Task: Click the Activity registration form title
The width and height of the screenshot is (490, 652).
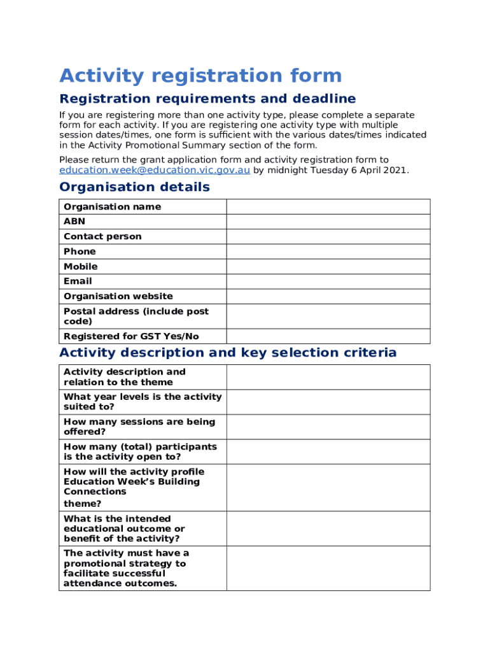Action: click(200, 76)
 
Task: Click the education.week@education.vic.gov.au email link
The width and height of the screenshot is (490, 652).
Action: click(154, 170)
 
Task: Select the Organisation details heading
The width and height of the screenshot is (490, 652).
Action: click(134, 187)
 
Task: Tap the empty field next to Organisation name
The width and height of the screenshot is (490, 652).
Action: click(328, 206)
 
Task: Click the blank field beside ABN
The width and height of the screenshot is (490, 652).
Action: click(328, 222)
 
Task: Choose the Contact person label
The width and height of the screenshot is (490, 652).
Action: click(102, 236)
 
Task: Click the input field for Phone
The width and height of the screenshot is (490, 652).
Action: click(328, 252)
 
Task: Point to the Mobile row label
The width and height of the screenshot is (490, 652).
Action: click(81, 266)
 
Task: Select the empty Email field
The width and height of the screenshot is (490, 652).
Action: click(328, 281)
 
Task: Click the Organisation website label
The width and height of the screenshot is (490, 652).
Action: click(118, 296)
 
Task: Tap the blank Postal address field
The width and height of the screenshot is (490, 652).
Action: click(328, 316)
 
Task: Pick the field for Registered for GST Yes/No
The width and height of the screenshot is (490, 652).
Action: click(328, 336)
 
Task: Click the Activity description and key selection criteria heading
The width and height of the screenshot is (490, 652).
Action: click(228, 353)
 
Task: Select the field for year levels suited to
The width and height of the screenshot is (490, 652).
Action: click(328, 402)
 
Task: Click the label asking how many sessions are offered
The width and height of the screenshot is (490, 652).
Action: click(139, 427)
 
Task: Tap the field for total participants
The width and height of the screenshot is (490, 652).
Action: click(328, 451)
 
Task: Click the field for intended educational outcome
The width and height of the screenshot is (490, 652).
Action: click(328, 528)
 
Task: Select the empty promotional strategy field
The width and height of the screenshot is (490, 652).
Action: click(328, 568)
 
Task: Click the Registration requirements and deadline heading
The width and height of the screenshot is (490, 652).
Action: click(207, 99)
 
